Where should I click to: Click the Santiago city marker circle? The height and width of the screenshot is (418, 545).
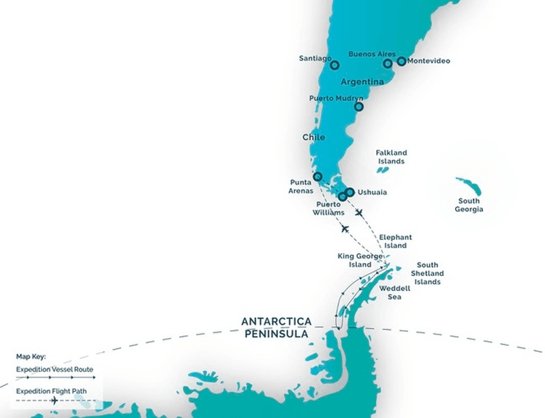(334, 65)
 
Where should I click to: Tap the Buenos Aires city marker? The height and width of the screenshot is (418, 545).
(388, 63)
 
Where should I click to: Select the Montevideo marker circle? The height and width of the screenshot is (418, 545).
(401, 61)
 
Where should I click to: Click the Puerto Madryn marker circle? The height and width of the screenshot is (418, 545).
(358, 106)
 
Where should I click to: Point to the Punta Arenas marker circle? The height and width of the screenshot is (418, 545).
(317, 177)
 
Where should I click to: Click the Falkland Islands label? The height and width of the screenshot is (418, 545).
(391, 157)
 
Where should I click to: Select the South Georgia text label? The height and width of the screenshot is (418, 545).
(469, 205)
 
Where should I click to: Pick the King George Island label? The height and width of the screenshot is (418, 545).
(355, 260)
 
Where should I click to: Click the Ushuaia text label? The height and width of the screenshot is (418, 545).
(372, 192)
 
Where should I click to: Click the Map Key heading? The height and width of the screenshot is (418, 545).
(31, 357)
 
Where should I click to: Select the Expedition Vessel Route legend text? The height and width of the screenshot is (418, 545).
(55, 369)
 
